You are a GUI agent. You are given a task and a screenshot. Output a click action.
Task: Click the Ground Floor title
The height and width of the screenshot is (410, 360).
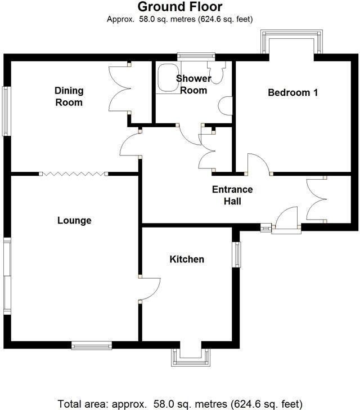(180, 7)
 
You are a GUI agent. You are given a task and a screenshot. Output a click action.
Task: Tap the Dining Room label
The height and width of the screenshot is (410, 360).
(69, 96)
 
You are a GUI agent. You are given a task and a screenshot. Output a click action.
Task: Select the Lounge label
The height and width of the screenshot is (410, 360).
(74, 220)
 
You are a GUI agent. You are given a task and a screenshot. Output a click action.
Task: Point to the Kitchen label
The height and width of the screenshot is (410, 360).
(187, 259)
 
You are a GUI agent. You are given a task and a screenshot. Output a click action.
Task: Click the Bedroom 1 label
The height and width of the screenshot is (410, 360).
(292, 92)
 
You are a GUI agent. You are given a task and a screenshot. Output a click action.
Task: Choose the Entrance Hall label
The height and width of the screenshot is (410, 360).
(232, 195)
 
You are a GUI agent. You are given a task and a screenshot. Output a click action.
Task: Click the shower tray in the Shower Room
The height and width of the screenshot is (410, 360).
(166, 77)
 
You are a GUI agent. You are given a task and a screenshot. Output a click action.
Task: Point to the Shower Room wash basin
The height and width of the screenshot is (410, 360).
(227, 106)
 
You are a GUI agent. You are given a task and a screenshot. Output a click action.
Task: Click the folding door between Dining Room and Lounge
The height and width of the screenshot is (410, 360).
(71, 173)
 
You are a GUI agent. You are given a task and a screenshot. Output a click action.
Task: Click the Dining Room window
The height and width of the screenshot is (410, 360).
(6, 111)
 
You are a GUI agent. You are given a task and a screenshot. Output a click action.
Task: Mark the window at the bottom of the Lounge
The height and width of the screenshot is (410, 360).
(91, 345)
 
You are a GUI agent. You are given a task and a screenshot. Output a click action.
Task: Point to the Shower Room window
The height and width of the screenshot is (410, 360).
(196, 55)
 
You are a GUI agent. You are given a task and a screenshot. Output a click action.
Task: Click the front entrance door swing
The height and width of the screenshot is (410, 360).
(286, 219)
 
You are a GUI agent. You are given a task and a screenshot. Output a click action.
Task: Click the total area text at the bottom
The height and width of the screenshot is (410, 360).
(180, 403)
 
